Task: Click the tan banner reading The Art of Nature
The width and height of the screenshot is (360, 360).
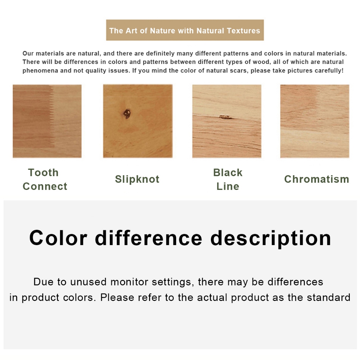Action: point(185,30)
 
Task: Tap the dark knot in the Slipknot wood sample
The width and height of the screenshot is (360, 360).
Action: point(127,114)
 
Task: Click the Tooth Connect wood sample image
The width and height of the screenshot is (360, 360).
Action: point(47,121)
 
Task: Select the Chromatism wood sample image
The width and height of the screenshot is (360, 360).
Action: point(315,121)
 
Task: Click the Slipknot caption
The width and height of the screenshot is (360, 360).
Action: point(137,179)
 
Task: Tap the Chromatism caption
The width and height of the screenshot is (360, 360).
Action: point(317,179)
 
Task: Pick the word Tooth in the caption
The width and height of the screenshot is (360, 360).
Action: point(43,172)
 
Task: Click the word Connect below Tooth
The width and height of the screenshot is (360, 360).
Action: point(45,186)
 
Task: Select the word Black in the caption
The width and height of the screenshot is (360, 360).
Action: point(228,172)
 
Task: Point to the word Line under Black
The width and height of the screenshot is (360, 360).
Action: point(228,186)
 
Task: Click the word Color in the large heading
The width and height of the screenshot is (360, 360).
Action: point(58,238)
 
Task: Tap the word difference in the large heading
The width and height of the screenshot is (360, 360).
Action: point(149,238)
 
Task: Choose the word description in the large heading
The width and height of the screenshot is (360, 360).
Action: point(271,239)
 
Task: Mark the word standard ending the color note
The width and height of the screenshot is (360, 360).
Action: point(329,297)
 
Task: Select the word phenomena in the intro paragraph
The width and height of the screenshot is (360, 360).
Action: point(40,71)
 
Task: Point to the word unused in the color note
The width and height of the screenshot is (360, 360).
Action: point(88,282)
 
